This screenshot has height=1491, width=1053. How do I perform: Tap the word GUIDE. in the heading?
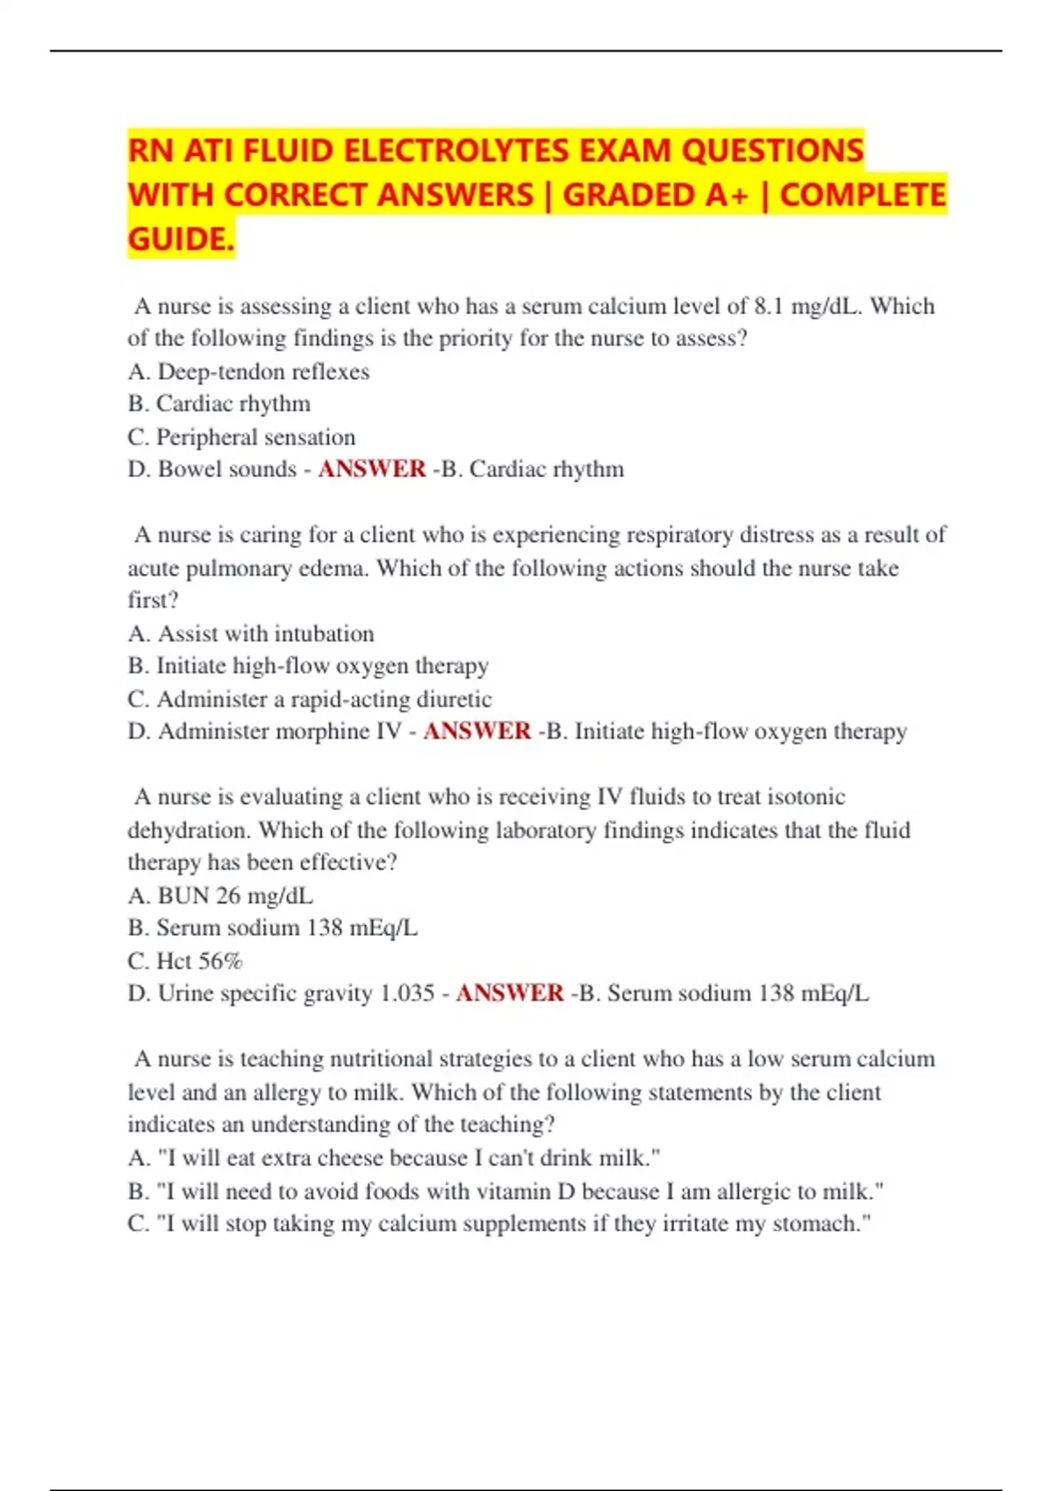click(181, 239)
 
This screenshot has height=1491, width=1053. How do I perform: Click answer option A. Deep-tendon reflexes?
click(248, 372)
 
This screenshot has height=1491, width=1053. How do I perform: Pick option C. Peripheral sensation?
click(241, 437)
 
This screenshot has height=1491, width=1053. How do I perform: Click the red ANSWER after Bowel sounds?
click(372, 469)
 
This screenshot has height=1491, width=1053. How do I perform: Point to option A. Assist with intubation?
click(251, 633)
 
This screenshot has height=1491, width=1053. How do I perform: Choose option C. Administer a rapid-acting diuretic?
click(309, 699)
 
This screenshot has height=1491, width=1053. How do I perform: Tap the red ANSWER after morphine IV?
click(476, 731)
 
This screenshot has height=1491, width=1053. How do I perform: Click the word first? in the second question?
click(153, 601)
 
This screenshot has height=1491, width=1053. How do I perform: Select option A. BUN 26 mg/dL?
click(220, 895)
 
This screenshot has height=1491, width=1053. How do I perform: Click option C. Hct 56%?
click(185, 961)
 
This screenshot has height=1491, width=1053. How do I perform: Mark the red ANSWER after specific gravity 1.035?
click(510, 994)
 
